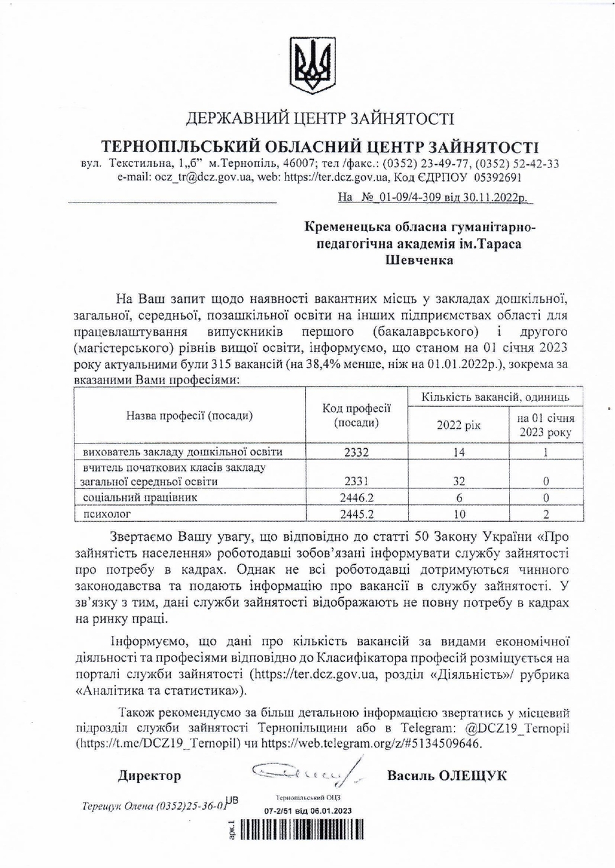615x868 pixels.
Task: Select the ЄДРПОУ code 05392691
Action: pyautogui.click(x=498, y=177)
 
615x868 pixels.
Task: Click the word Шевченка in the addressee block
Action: pyautogui.click(x=419, y=260)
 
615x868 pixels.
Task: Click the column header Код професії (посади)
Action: pyautogui.click(x=356, y=415)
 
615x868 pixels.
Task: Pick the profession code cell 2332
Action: pyautogui.click(x=356, y=452)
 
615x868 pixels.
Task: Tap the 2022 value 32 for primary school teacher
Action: pyautogui.click(x=458, y=481)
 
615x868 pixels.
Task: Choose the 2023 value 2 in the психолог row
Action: pyautogui.click(x=546, y=514)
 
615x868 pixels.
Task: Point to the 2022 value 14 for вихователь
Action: pyautogui.click(x=458, y=452)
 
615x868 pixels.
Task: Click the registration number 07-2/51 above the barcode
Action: pyautogui.click(x=280, y=811)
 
